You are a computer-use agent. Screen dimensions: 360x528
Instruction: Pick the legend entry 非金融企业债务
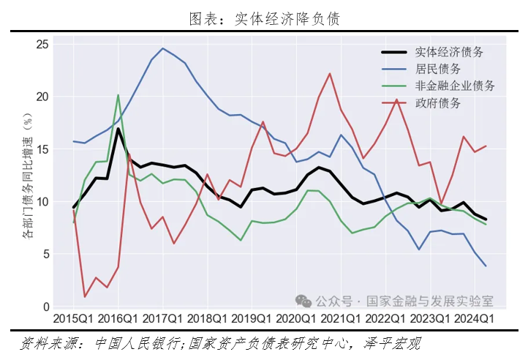pyautogui.click(x=454, y=86)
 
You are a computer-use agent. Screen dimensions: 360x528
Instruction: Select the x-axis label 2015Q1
pyautogui.click(x=73, y=319)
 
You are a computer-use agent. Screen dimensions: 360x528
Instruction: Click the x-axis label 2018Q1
pyautogui.click(x=208, y=319)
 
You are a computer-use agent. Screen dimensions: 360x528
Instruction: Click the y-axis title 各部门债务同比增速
pyautogui.click(x=27, y=176)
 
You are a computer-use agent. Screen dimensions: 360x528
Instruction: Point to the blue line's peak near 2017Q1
pyautogui.click(x=162, y=48)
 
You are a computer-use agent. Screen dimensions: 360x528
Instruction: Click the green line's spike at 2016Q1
pyautogui.click(x=118, y=95)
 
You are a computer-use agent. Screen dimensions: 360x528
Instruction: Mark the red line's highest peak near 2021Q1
pyautogui.click(x=330, y=73)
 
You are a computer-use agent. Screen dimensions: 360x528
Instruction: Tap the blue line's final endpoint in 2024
pyautogui.click(x=486, y=266)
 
